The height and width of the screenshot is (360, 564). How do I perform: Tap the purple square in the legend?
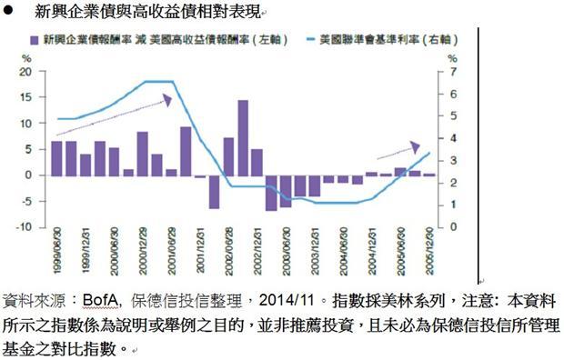point(34,41)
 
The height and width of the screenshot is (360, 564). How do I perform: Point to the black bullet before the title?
point(8,12)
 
